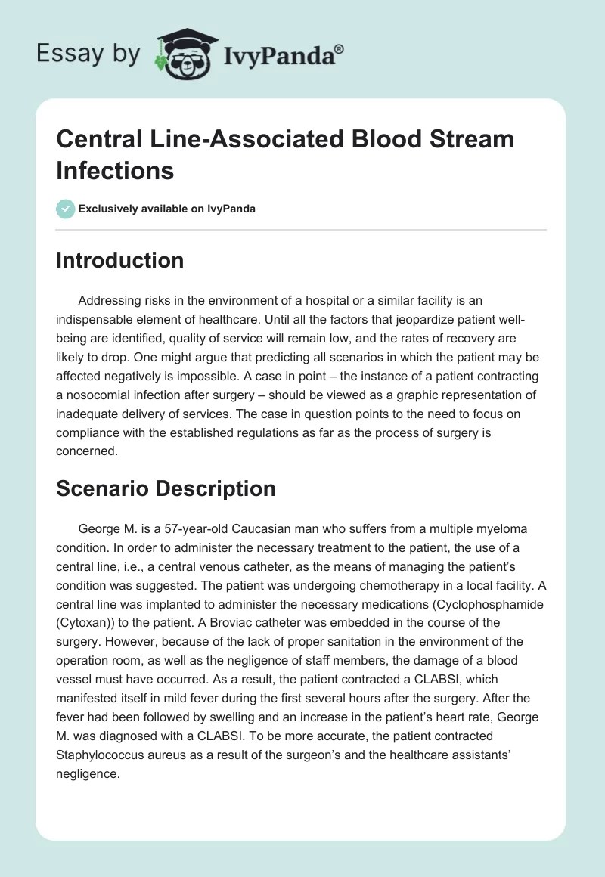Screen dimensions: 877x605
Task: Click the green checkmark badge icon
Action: [x=66, y=209]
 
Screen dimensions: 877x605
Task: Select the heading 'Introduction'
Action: [x=120, y=260]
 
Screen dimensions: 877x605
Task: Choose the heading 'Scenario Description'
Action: [x=166, y=488]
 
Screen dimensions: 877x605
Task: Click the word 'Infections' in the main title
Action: [x=115, y=170]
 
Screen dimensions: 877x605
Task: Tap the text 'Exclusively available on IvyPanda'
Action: [x=167, y=209]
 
